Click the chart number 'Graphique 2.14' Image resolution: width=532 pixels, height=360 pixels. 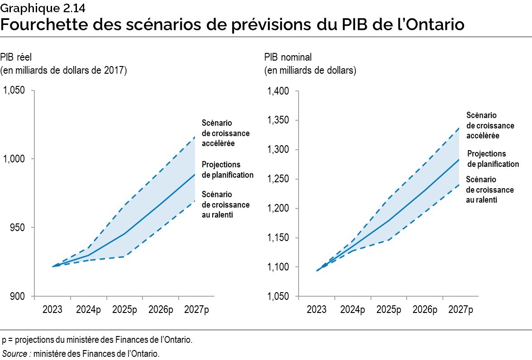[30, 7]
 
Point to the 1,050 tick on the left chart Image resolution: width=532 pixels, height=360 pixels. [15, 90]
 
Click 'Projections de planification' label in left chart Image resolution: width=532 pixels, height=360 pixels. [227, 170]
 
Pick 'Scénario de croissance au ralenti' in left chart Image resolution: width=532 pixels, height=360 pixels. [225, 204]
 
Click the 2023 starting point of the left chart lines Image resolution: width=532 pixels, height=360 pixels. [53, 266]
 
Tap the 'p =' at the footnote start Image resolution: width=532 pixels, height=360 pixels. [7, 340]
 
